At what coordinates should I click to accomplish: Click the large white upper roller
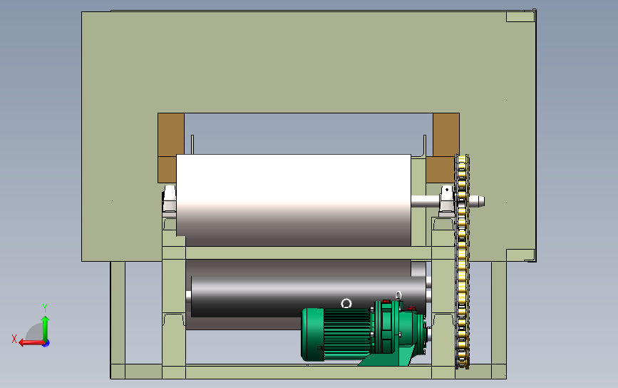[x=294, y=200]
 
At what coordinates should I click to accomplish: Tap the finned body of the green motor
[x=347, y=334]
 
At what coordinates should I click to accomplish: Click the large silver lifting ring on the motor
[x=346, y=303]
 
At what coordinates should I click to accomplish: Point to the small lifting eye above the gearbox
[x=398, y=295]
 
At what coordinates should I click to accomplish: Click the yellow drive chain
[x=462, y=262]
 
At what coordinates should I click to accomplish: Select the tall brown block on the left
[x=171, y=148]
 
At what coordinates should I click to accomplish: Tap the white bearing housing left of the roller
[x=170, y=199]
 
